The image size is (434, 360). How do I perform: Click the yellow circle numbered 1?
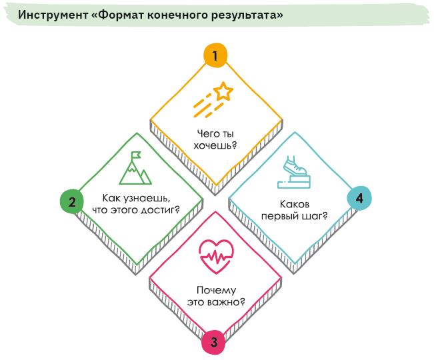point(215,55)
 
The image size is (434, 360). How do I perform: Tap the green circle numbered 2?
point(71,201)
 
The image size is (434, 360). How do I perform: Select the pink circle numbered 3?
point(214,343)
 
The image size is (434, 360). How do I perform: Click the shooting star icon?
point(213,99)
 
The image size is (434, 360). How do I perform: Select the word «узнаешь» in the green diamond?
point(152,198)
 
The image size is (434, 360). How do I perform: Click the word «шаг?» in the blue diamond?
point(314,215)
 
